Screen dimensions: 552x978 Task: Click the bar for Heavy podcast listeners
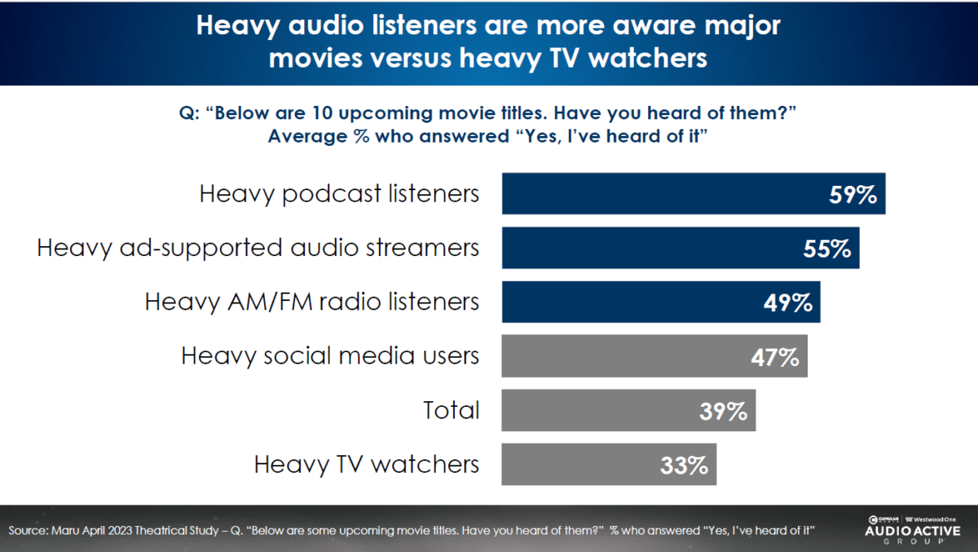652,194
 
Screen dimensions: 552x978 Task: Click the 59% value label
852,196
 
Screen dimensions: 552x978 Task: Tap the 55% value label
826,249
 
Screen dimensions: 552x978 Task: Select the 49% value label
788,302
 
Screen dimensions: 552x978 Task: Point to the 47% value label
774,356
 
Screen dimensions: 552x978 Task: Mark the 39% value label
723,410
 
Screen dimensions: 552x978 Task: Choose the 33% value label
684,465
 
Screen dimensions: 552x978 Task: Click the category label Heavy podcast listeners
339,195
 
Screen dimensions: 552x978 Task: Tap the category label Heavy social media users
330,356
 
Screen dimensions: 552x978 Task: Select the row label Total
452,410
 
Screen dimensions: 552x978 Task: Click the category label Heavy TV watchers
367,465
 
